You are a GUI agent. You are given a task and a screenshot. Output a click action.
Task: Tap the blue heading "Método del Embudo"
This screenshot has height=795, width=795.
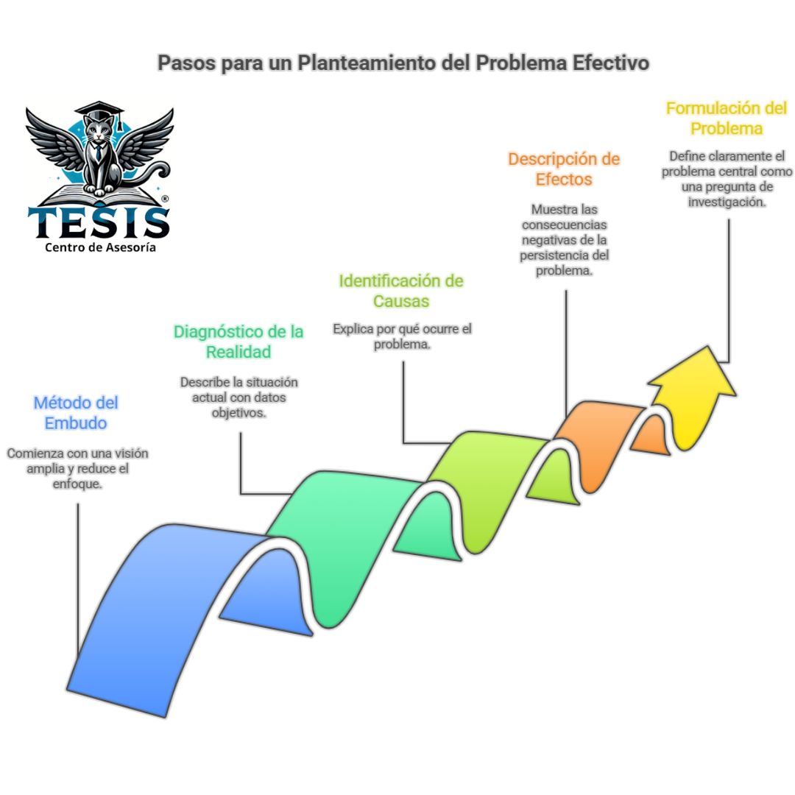(x=76, y=413)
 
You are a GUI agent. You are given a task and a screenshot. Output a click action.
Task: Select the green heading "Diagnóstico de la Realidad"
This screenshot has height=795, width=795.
(x=238, y=342)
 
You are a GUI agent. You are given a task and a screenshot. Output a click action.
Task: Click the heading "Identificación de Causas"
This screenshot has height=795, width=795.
(x=400, y=291)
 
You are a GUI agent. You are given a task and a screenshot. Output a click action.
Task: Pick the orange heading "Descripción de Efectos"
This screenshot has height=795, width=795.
(x=564, y=169)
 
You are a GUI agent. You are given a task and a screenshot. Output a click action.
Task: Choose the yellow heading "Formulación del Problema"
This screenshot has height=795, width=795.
(x=726, y=118)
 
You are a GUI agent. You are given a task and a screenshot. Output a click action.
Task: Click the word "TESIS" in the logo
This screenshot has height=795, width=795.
(x=99, y=221)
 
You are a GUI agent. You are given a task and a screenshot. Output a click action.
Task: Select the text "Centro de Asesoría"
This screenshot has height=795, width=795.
(x=100, y=248)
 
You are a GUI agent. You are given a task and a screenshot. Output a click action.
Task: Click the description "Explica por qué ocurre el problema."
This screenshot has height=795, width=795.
(x=402, y=336)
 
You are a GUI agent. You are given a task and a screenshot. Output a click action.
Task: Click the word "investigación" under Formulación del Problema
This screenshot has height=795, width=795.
(x=727, y=202)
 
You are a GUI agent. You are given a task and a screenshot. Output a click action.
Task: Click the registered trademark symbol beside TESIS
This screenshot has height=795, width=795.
(x=165, y=199)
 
